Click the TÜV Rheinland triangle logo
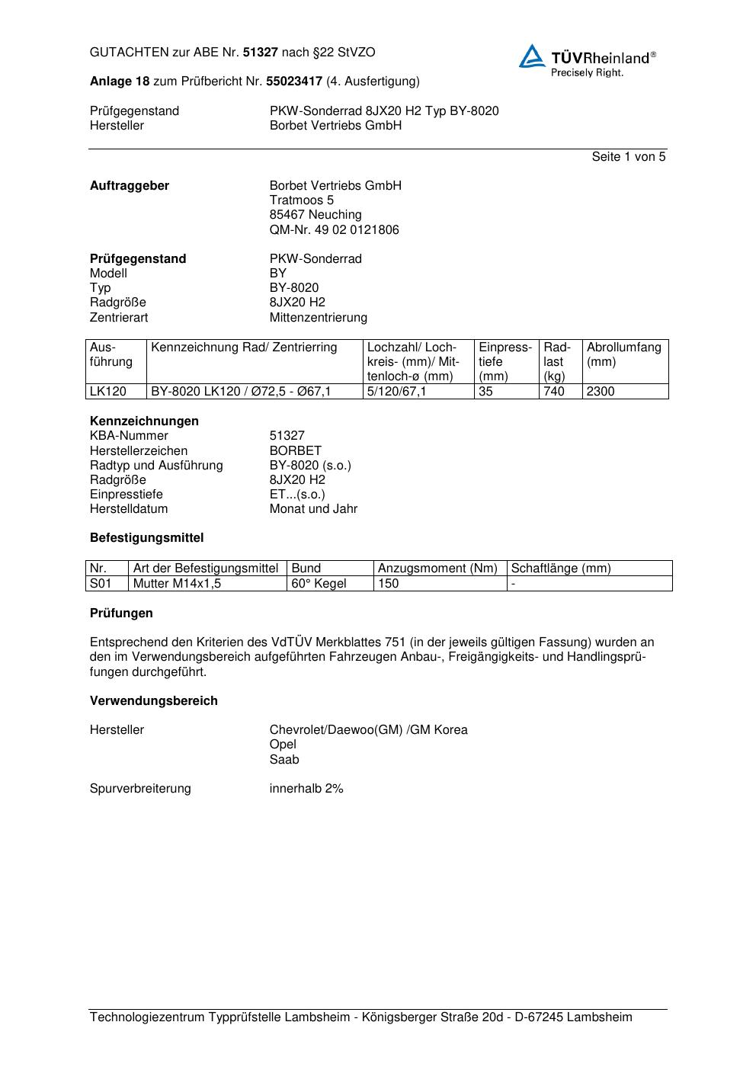pos(532,57)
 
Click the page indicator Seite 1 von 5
pos(628,157)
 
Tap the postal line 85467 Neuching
pos(316,215)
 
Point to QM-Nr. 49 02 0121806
pos(334,230)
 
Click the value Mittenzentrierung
pos(318,318)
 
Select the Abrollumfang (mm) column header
pos(623,354)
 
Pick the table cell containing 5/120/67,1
pos(396,392)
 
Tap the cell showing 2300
pos(601,392)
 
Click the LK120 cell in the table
pos(107,392)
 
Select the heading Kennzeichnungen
pos(144,421)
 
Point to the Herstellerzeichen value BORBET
pos(295,451)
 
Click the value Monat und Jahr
pos(313,509)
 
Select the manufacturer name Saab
pos(284,760)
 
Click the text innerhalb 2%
pos(306,789)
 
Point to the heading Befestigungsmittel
pos(146,538)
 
